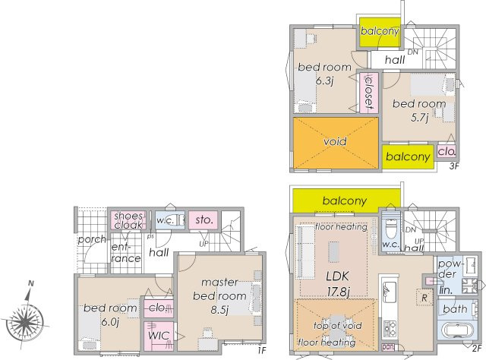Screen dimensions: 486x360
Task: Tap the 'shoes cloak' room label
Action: coord(128,220)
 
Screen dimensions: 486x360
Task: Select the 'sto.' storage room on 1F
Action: coord(204,220)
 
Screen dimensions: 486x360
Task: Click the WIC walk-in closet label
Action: coord(159,336)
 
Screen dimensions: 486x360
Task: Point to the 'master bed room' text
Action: coord(219,289)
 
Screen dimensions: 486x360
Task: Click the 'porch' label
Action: coord(92,239)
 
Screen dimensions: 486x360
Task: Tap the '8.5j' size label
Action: coord(219,309)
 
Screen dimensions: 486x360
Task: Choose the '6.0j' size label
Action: coord(110,322)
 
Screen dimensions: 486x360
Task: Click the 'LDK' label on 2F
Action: coord(337,276)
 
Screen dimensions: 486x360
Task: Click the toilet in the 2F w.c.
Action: coord(390,226)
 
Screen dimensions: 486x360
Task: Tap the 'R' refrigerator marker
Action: coord(424,298)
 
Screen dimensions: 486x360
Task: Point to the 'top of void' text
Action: coord(337,326)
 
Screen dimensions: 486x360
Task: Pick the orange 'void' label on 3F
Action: coord(335,142)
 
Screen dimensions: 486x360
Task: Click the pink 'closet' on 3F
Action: coord(369,93)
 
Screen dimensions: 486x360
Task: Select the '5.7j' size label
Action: coord(420,118)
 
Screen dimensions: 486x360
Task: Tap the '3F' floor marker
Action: coord(454,166)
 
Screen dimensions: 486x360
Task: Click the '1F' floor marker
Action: coord(262,350)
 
